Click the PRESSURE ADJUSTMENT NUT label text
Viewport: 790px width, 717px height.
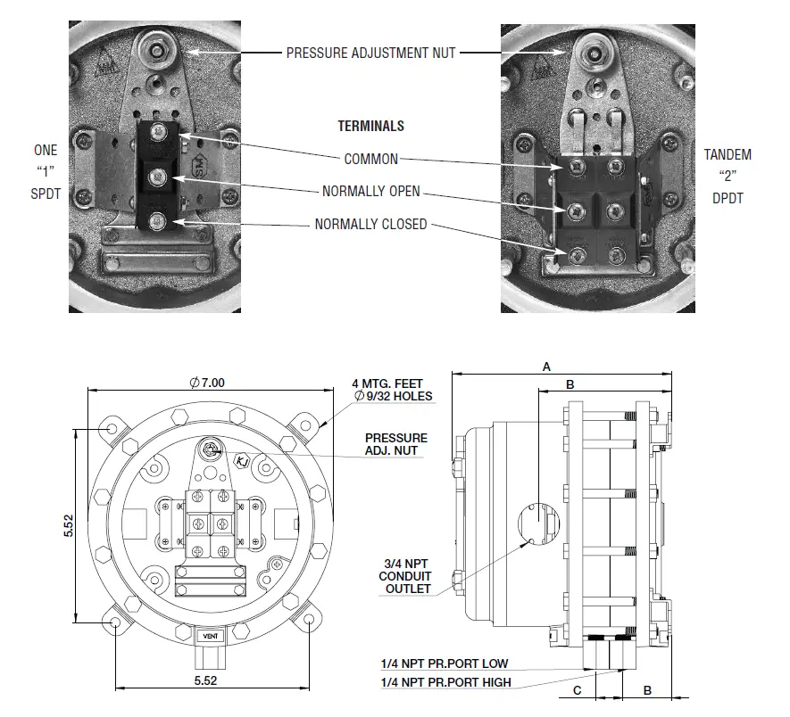370,54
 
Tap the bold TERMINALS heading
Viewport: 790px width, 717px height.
370,127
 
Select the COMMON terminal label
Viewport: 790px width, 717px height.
371,160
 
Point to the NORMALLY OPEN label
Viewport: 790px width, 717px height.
371,192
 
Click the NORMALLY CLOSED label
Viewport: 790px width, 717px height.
371,225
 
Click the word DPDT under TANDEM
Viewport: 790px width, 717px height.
728,198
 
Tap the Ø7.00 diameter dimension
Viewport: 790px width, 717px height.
207,382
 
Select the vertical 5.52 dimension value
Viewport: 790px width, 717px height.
70,526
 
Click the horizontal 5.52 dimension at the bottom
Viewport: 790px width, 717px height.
207,680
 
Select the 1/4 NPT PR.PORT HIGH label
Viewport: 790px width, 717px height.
445,682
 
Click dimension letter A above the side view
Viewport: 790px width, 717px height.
546,366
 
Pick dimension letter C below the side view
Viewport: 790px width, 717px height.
578,690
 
